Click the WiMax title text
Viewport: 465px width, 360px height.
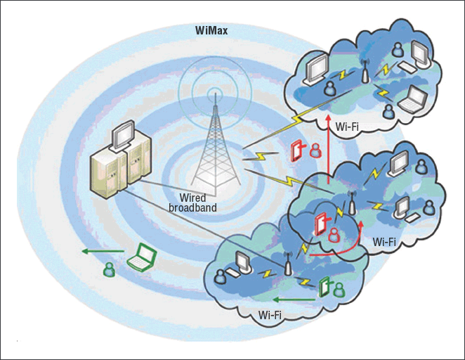point(211,31)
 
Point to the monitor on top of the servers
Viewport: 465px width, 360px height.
point(124,131)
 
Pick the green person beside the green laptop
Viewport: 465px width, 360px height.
point(109,268)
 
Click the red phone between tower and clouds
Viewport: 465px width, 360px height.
point(298,150)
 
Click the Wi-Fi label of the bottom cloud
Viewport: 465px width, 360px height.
point(270,314)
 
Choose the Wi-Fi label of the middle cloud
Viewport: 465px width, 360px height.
point(384,242)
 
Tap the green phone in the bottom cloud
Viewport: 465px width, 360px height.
point(325,286)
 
